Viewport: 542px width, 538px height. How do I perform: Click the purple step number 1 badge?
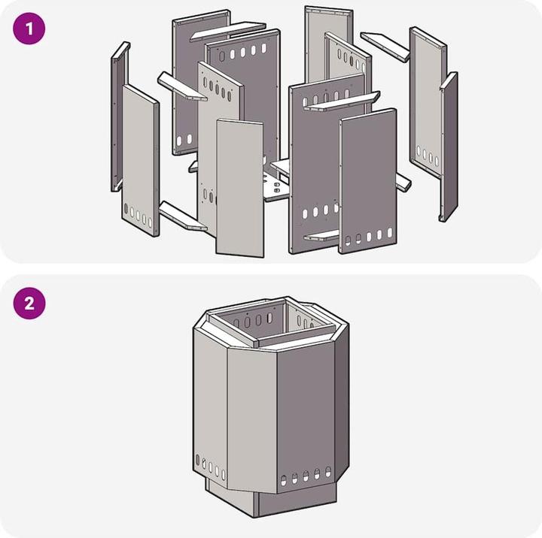[29, 29]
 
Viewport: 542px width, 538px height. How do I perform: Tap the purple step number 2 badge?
[29, 304]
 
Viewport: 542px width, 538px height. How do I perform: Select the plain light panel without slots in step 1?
[239, 188]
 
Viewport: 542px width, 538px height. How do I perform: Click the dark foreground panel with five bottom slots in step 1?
[368, 181]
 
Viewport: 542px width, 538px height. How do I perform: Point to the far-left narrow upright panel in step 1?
[119, 116]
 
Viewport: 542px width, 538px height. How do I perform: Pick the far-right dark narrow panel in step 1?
[449, 147]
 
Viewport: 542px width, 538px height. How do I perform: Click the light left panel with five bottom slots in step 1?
[141, 161]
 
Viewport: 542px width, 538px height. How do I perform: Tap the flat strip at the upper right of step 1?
[385, 47]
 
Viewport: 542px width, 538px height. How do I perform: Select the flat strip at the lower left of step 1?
[182, 216]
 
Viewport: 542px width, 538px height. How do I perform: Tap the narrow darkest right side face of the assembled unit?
[342, 404]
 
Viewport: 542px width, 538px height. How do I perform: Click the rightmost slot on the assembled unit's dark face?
[328, 471]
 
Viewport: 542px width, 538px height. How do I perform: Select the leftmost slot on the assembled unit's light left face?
[197, 460]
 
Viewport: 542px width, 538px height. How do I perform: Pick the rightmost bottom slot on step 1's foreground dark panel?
[390, 233]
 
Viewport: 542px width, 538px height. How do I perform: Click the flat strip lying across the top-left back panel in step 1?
[227, 32]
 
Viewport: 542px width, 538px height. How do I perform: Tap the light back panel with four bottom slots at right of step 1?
[428, 102]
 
